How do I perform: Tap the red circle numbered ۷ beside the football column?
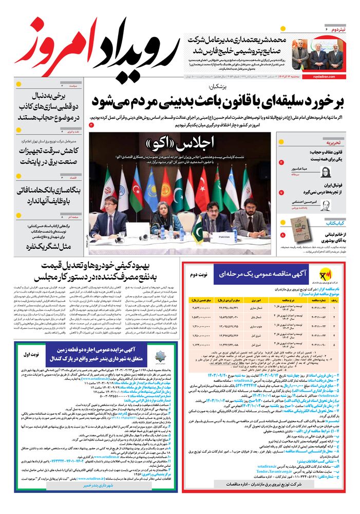coord(281,192)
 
